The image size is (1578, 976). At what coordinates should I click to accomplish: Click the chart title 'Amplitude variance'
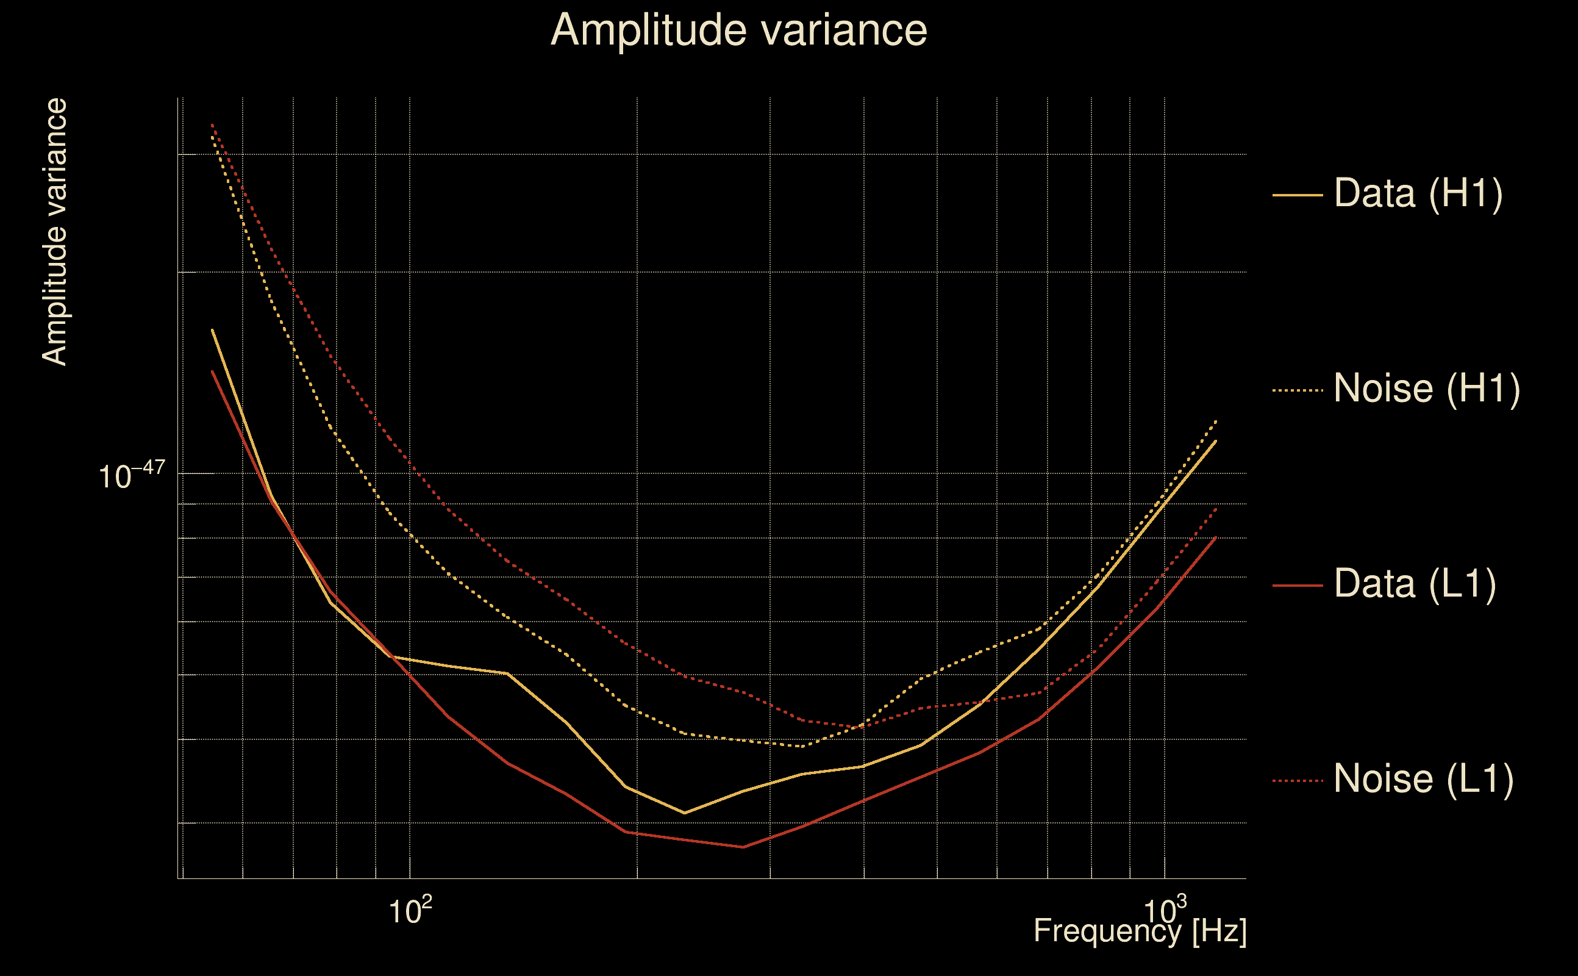coord(738,30)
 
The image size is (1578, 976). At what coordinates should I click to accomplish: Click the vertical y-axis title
coord(54,232)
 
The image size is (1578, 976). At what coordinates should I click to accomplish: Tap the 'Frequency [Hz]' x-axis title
coord(1140,931)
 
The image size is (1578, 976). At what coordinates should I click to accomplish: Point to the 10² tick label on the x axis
coord(410,911)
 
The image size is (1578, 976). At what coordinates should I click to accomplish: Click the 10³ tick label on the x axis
coord(1165,911)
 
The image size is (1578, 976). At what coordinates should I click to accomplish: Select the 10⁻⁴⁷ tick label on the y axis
coord(132,476)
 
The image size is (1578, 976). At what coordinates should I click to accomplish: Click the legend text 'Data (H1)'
coord(1419,193)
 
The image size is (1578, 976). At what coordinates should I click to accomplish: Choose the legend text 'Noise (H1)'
coord(1427,389)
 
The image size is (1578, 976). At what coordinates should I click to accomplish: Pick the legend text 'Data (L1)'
coord(1415,584)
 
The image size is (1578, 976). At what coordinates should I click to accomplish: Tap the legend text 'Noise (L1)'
coord(1424,778)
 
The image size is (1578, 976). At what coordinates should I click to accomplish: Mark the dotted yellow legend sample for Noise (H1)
coord(1298,390)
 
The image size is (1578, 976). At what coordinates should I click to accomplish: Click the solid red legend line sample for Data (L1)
coord(1298,586)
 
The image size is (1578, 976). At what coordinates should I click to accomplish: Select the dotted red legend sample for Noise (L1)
coord(1298,781)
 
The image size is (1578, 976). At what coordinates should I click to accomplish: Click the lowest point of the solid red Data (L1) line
coord(743,847)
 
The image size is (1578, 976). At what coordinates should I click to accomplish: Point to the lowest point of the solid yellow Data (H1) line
coord(684,813)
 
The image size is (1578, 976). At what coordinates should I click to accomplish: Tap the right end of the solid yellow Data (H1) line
coord(1216,441)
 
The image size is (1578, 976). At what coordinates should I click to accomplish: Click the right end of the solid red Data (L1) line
coord(1216,537)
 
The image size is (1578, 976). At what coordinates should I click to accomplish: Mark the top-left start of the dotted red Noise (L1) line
coord(212,124)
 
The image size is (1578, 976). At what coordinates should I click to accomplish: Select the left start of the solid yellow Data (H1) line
coord(212,330)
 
